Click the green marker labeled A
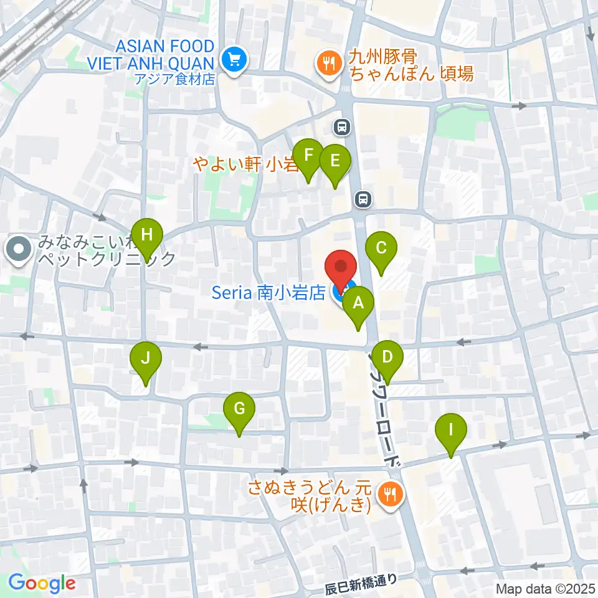(x=358, y=305)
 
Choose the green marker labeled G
(x=239, y=410)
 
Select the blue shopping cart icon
(x=234, y=60)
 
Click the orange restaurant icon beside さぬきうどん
(x=391, y=495)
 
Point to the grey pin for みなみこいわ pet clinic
(x=18, y=250)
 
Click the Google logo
(x=42, y=584)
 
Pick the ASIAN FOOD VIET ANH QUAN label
(x=166, y=54)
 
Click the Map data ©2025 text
(x=546, y=588)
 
